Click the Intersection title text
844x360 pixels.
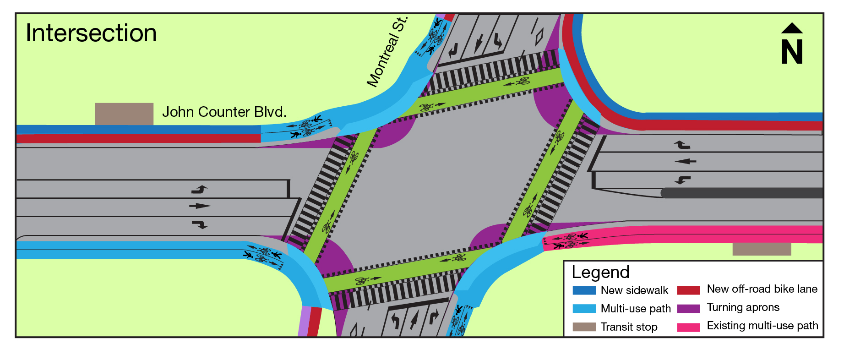(x=91, y=33)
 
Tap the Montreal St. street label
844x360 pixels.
(x=387, y=52)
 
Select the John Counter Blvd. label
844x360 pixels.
(x=224, y=112)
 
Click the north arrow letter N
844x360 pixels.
(x=792, y=52)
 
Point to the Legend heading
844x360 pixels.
(x=600, y=272)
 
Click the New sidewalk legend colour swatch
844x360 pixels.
(x=584, y=290)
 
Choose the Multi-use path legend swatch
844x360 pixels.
(x=584, y=309)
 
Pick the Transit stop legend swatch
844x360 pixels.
(x=584, y=327)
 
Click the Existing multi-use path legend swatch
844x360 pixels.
(x=688, y=327)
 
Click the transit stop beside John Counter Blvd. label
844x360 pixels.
(x=124, y=114)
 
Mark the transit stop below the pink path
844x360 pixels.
(x=762, y=249)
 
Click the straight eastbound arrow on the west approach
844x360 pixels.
(x=200, y=206)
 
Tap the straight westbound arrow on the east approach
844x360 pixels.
(x=686, y=161)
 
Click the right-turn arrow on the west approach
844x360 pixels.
(x=200, y=224)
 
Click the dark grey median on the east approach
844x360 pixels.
(x=742, y=193)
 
